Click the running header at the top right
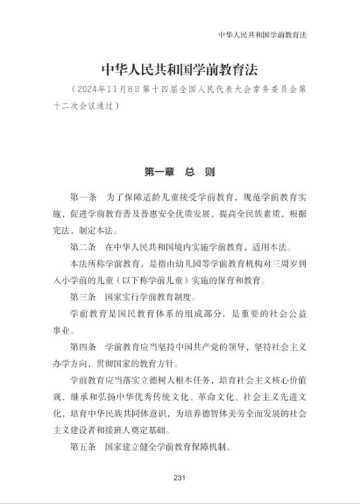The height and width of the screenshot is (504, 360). (262, 34)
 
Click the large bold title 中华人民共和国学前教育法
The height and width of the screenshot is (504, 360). (179, 69)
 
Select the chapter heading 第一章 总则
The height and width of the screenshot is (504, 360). (179, 172)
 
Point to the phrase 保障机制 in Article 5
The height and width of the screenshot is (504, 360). (208, 447)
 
